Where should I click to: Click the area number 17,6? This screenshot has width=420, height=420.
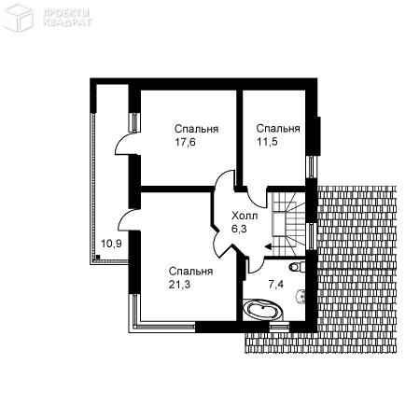(185, 143)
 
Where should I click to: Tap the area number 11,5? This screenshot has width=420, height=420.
(267, 142)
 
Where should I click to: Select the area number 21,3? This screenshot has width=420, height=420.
(179, 285)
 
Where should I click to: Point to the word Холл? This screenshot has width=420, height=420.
(245, 216)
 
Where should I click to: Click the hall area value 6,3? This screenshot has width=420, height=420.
(239, 229)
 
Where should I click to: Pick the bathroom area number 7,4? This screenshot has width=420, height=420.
(275, 284)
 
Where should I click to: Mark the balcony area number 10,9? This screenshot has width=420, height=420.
(111, 244)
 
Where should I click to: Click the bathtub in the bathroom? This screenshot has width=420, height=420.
(263, 310)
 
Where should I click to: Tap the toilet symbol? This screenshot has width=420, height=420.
(297, 267)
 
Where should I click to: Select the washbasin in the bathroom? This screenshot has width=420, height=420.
(301, 296)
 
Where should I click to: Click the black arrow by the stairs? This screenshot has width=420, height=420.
(269, 247)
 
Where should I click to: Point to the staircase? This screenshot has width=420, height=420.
(288, 223)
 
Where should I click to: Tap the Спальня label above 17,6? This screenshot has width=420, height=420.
(196, 129)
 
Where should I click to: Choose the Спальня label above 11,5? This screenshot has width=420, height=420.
(278, 128)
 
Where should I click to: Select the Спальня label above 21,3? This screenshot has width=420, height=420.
(190, 272)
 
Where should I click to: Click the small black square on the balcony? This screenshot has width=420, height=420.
(98, 257)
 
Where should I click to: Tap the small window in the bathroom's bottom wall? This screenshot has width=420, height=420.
(279, 328)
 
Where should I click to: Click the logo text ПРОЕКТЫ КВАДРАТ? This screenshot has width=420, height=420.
(67, 17)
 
